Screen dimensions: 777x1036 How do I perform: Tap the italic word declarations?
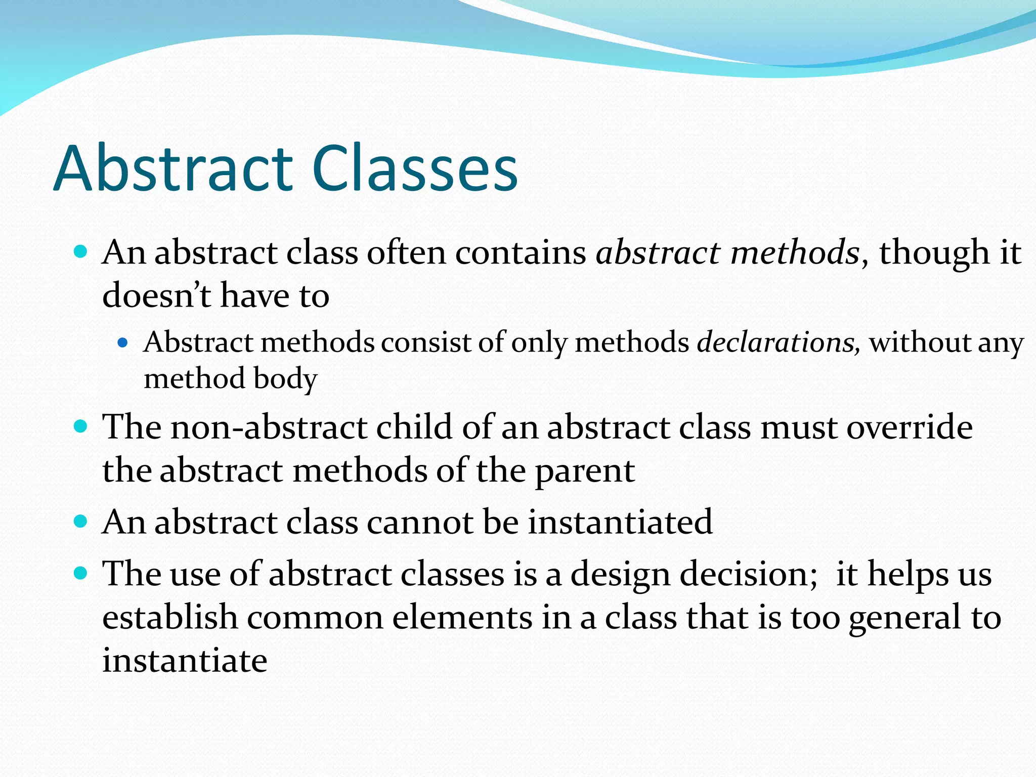778,342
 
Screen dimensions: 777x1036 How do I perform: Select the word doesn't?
156,295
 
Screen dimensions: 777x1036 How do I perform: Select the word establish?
170,618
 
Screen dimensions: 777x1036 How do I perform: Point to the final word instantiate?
185,661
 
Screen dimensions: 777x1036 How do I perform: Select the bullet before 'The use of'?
80,574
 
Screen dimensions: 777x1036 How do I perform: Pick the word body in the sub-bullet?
285,379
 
